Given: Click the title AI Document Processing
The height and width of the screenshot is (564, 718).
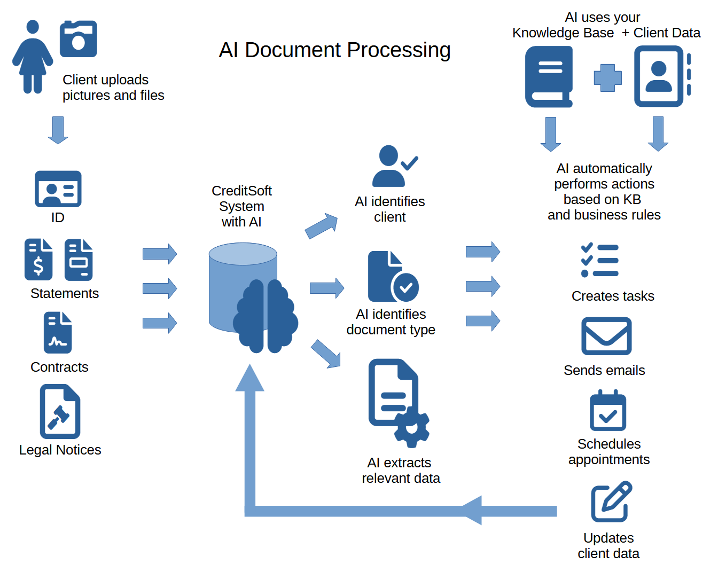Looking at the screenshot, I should click(x=334, y=50).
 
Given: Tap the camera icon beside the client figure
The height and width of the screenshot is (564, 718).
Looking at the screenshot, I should click(x=78, y=39).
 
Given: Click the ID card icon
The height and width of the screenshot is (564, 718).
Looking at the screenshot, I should click(x=58, y=189).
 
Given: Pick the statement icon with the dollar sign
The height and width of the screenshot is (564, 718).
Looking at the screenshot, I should click(x=38, y=260).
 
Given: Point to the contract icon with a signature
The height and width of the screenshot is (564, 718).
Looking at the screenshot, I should click(x=58, y=333).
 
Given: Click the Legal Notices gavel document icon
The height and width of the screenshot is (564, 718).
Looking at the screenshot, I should click(x=60, y=412).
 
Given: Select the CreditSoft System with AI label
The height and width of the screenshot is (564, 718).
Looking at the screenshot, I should click(x=241, y=206).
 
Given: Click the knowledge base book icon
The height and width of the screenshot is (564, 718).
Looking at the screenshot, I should click(x=549, y=76).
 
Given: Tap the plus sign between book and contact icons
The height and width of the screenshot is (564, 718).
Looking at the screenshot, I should click(x=607, y=78).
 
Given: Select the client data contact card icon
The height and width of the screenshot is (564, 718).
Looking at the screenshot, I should click(x=661, y=76).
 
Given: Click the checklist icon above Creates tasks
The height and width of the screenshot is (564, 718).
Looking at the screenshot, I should click(x=599, y=261).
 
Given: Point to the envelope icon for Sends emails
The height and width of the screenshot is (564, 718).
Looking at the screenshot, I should click(x=606, y=336).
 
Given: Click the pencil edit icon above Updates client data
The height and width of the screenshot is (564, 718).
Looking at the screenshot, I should click(x=611, y=502).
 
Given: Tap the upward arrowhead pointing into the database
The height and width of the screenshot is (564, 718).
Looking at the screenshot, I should click(x=250, y=378).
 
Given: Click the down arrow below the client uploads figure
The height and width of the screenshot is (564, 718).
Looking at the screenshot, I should click(x=58, y=130).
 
